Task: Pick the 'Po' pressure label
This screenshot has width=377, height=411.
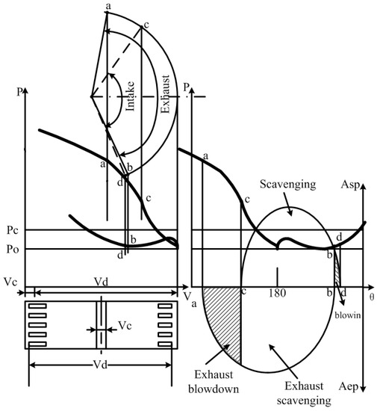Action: [x=13, y=249]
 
